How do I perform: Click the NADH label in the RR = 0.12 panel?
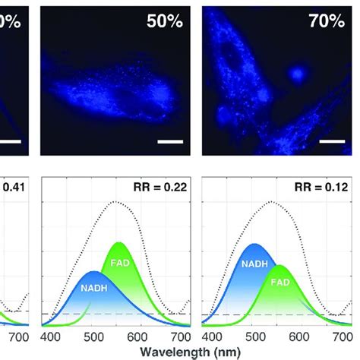point(254,264)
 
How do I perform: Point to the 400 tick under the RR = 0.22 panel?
point(50,336)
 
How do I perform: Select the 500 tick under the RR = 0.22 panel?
point(93,336)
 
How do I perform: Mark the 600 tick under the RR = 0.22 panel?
point(137,336)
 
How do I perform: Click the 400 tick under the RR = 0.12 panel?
point(213,336)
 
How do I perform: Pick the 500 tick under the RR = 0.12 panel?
point(256,336)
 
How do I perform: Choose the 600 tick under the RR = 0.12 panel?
point(299,336)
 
